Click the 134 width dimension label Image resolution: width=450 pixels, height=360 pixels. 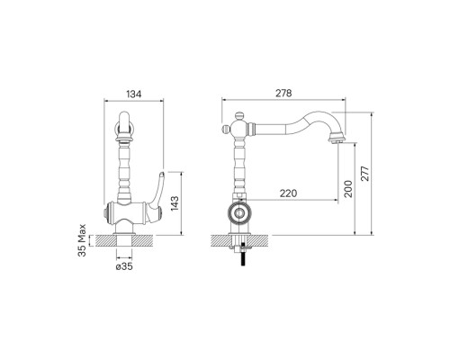click(133, 94)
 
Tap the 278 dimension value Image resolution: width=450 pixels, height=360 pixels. click(283, 94)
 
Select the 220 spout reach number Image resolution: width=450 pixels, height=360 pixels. click(288, 193)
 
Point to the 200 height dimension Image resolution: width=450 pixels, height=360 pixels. click(348, 188)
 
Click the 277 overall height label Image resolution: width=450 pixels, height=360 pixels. click(365, 174)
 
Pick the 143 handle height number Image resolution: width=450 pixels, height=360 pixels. click(175, 203)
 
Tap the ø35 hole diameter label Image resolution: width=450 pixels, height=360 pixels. click(124, 266)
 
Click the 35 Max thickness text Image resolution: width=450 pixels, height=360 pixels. click(82, 240)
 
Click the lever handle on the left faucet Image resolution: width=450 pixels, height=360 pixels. click(156, 195)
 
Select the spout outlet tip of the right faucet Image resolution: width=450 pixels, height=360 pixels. click(337, 139)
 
